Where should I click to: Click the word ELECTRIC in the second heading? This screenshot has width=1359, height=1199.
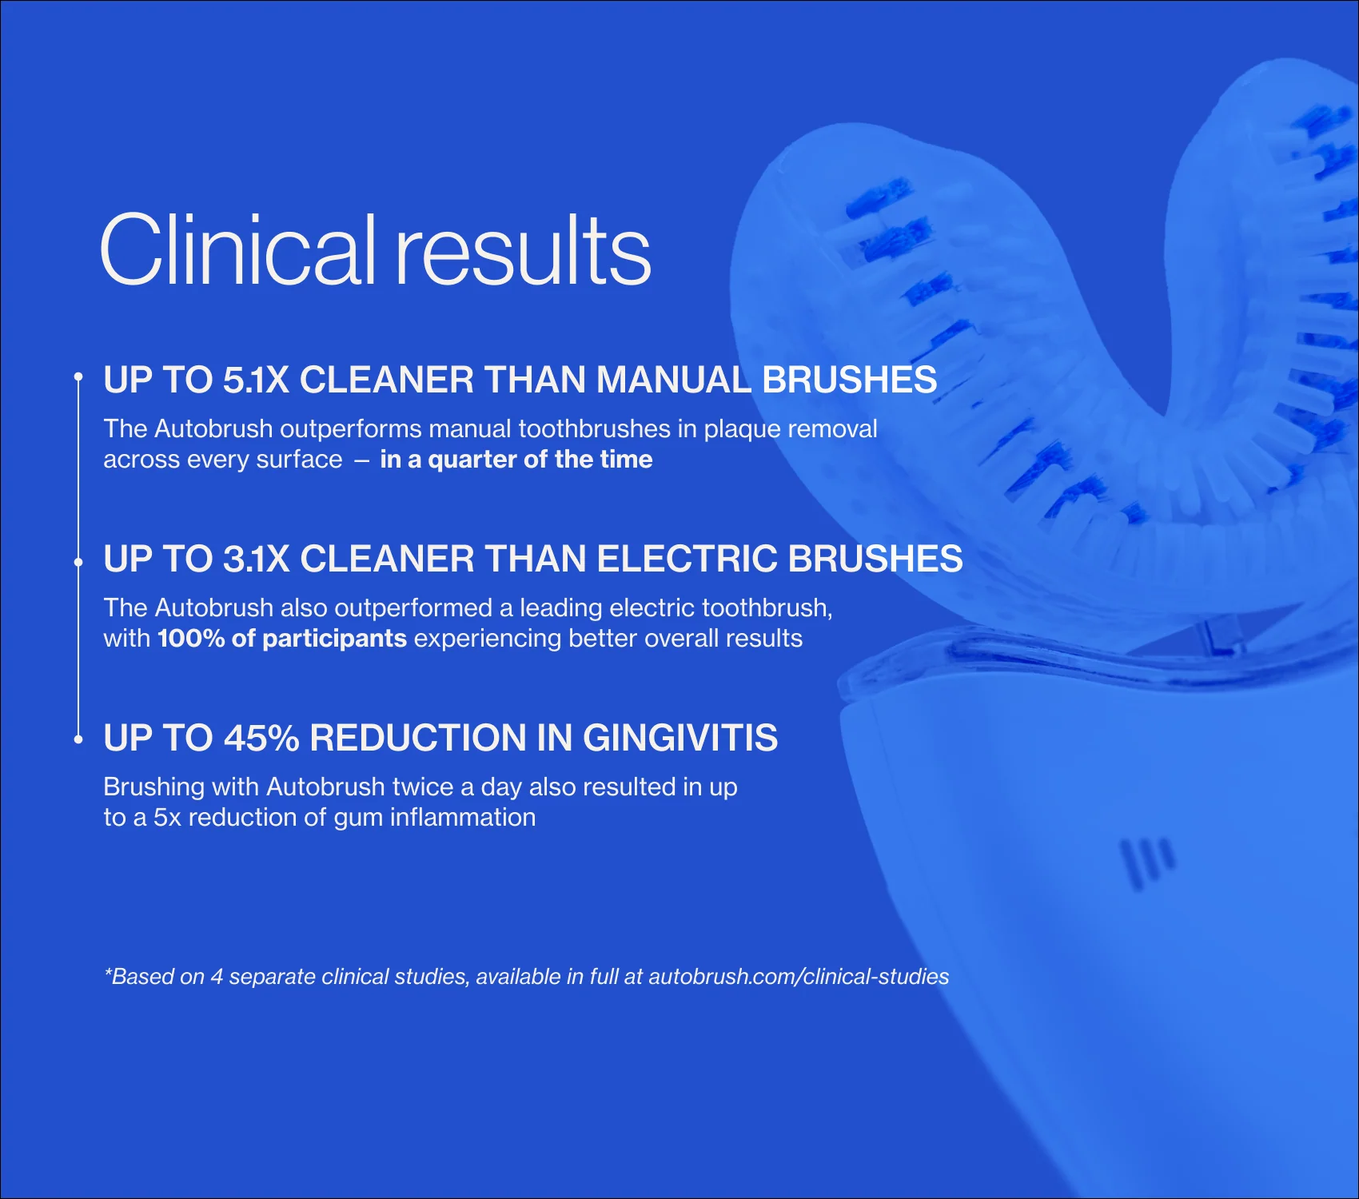[x=687, y=559]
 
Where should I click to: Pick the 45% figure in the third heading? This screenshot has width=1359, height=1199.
[x=261, y=738]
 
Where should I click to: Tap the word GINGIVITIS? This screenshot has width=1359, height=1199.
[x=680, y=738]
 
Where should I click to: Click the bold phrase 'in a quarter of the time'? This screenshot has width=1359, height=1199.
[x=516, y=460]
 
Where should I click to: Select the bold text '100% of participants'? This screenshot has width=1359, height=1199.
[x=282, y=639]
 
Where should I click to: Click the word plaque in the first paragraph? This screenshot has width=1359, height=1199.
[x=742, y=429]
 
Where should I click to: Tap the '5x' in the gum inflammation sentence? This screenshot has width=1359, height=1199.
[x=167, y=818]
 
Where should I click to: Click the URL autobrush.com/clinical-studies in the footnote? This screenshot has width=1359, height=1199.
[x=799, y=977]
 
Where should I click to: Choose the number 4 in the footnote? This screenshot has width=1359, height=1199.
[x=216, y=977]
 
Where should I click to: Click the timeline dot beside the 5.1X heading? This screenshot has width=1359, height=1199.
[x=78, y=376]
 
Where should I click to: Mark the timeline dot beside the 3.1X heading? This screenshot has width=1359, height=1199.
[x=78, y=562]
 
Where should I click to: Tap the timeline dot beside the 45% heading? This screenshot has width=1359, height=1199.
[x=78, y=740]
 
